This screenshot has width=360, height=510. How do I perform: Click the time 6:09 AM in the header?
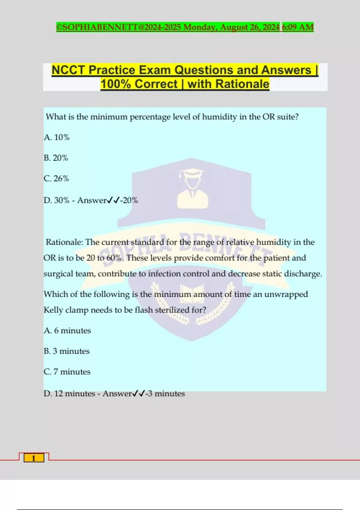[x=298, y=27]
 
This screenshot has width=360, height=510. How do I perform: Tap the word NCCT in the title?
[x=68, y=70]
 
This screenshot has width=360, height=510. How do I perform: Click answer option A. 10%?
[x=56, y=137]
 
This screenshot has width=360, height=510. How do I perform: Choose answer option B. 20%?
[x=56, y=158]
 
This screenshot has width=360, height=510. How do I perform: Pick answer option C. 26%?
[x=56, y=178]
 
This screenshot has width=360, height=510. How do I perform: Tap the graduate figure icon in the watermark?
[x=192, y=189]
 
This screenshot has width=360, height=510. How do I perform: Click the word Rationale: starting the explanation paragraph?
[x=64, y=242]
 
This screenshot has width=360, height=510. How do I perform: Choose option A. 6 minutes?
[x=67, y=331]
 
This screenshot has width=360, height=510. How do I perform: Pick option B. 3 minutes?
[x=67, y=351]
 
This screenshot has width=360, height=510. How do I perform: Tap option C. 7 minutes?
[x=67, y=372]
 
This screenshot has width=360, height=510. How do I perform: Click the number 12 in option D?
[x=58, y=394]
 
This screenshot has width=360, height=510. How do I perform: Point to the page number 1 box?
[x=34, y=458]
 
